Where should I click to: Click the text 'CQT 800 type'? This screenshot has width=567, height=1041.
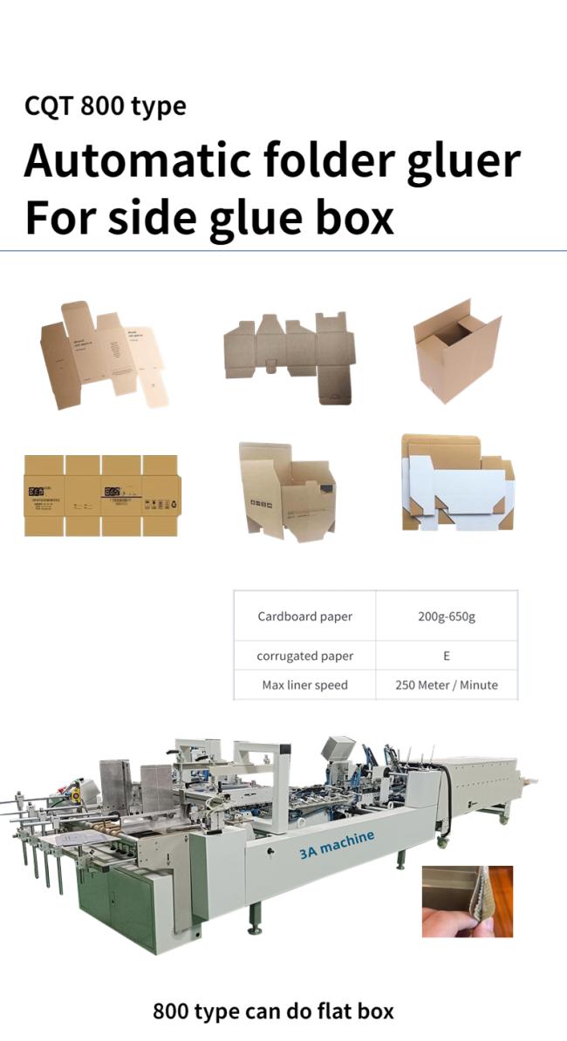[x=105, y=106]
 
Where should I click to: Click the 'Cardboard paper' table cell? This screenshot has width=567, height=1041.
[x=304, y=616]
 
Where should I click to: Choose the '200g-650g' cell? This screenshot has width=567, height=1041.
[x=446, y=616]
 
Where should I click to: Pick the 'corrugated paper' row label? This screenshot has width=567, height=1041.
[x=304, y=656]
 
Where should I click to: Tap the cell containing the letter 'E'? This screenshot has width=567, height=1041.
[x=446, y=656]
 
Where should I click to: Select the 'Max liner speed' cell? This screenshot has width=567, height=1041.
[x=304, y=684]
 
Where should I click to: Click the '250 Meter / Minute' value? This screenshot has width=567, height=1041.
[x=446, y=684]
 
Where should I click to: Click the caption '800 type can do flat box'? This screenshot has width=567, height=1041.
[x=273, y=1011]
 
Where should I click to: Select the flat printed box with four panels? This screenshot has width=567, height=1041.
[x=101, y=495]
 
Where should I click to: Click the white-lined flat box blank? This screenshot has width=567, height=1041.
[x=457, y=483]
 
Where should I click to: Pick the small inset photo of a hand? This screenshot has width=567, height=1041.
[x=467, y=902]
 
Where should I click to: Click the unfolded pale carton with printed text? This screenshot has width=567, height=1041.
[x=103, y=354]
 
